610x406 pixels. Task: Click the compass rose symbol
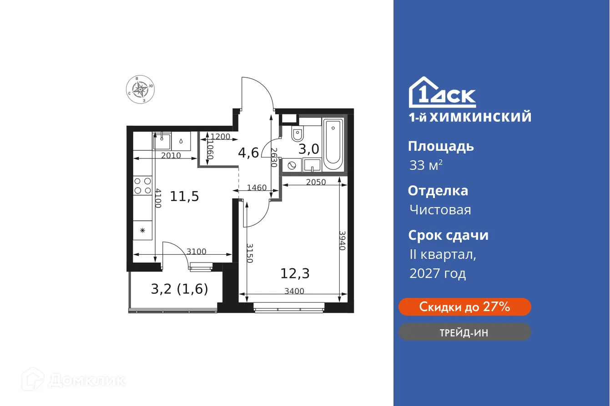(141, 89)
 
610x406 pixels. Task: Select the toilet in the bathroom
(297, 134)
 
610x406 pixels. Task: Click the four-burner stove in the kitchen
(142, 186)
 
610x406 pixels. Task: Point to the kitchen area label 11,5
(185, 197)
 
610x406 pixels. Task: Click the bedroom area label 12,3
(295, 273)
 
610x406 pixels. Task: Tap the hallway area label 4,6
(248, 153)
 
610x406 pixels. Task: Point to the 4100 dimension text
(157, 198)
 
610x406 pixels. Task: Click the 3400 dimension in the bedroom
(294, 291)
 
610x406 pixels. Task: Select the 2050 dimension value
(316, 182)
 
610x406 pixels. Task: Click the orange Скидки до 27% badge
(464, 307)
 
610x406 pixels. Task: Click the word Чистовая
(440, 210)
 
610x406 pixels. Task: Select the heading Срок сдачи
(448, 235)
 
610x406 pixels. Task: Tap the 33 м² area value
(426, 165)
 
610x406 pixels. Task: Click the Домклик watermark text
(86, 380)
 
